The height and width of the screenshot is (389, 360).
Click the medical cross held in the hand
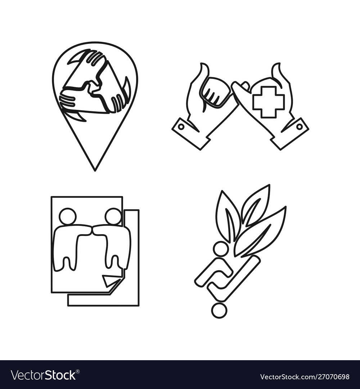[x=268, y=102]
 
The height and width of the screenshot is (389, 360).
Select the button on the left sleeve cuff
[x=181, y=127]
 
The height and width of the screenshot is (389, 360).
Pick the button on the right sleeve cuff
[x=300, y=127]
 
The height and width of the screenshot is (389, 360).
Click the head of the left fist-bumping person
[x=68, y=216]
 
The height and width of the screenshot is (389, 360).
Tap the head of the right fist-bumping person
[x=113, y=216]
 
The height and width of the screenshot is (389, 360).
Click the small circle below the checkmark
[x=219, y=310]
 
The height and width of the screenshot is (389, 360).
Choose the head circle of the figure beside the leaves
[x=220, y=249]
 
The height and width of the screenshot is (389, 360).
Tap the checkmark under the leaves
[x=234, y=281]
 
